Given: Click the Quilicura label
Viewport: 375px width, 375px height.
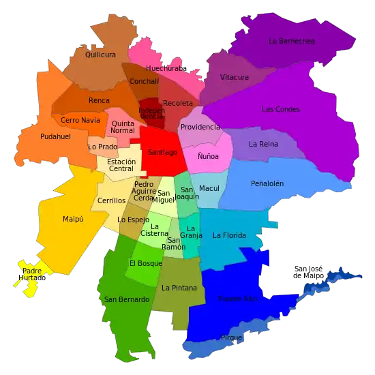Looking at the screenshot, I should point(100,54).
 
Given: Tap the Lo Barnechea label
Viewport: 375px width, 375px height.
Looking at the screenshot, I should point(292,41).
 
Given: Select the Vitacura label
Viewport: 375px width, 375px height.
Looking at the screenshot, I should point(235,77).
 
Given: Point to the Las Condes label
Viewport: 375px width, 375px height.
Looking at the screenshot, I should point(280,109).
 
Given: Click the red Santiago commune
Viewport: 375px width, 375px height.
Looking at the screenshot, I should point(162,152).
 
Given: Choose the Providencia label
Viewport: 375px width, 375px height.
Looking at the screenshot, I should point(200,127).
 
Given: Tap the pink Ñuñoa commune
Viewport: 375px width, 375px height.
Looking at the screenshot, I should point(208,156).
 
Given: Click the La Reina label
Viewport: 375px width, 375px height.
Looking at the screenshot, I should point(262,144).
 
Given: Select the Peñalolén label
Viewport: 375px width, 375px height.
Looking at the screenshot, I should point(267,183).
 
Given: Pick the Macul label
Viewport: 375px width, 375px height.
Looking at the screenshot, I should point(209,187).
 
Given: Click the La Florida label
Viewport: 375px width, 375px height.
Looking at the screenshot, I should point(228,236).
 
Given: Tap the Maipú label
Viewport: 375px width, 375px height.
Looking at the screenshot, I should point(73,219).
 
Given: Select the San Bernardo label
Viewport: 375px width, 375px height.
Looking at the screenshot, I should point(126,299).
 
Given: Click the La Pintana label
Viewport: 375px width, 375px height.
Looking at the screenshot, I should point(179,288).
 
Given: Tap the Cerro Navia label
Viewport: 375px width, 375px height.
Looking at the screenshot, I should point(80,120).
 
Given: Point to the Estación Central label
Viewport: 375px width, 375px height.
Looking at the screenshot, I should point(121,164).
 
